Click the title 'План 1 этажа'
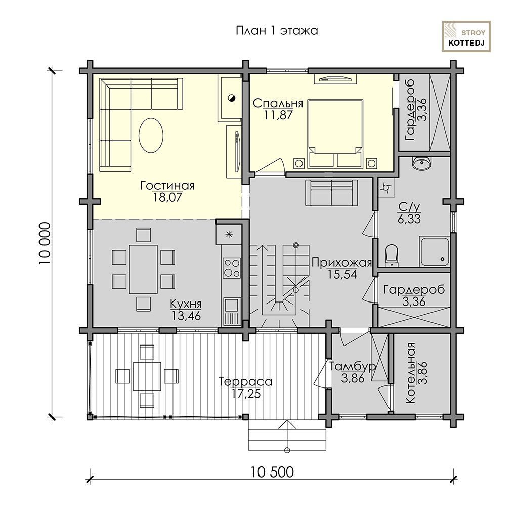point(277,31)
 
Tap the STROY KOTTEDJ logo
point(466,36)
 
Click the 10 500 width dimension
point(272,472)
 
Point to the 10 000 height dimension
point(45,243)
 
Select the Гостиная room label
point(167,185)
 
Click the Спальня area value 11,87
point(278,115)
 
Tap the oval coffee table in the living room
point(151,135)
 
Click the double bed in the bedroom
point(335,134)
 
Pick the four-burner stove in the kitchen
point(232,268)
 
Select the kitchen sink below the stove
point(232,312)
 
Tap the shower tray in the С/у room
point(435,251)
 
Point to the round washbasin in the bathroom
point(421,163)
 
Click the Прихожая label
point(341,263)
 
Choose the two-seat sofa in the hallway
point(331,193)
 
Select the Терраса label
point(245,382)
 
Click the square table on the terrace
point(147,376)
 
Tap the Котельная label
point(410,373)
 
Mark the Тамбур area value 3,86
point(353,378)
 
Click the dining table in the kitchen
point(143,269)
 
